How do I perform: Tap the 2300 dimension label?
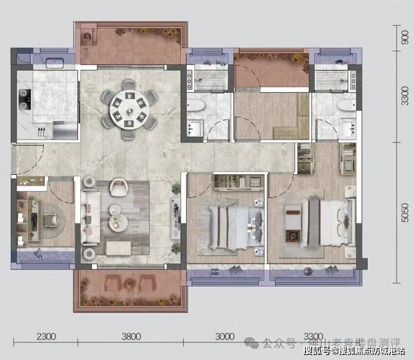45,336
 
